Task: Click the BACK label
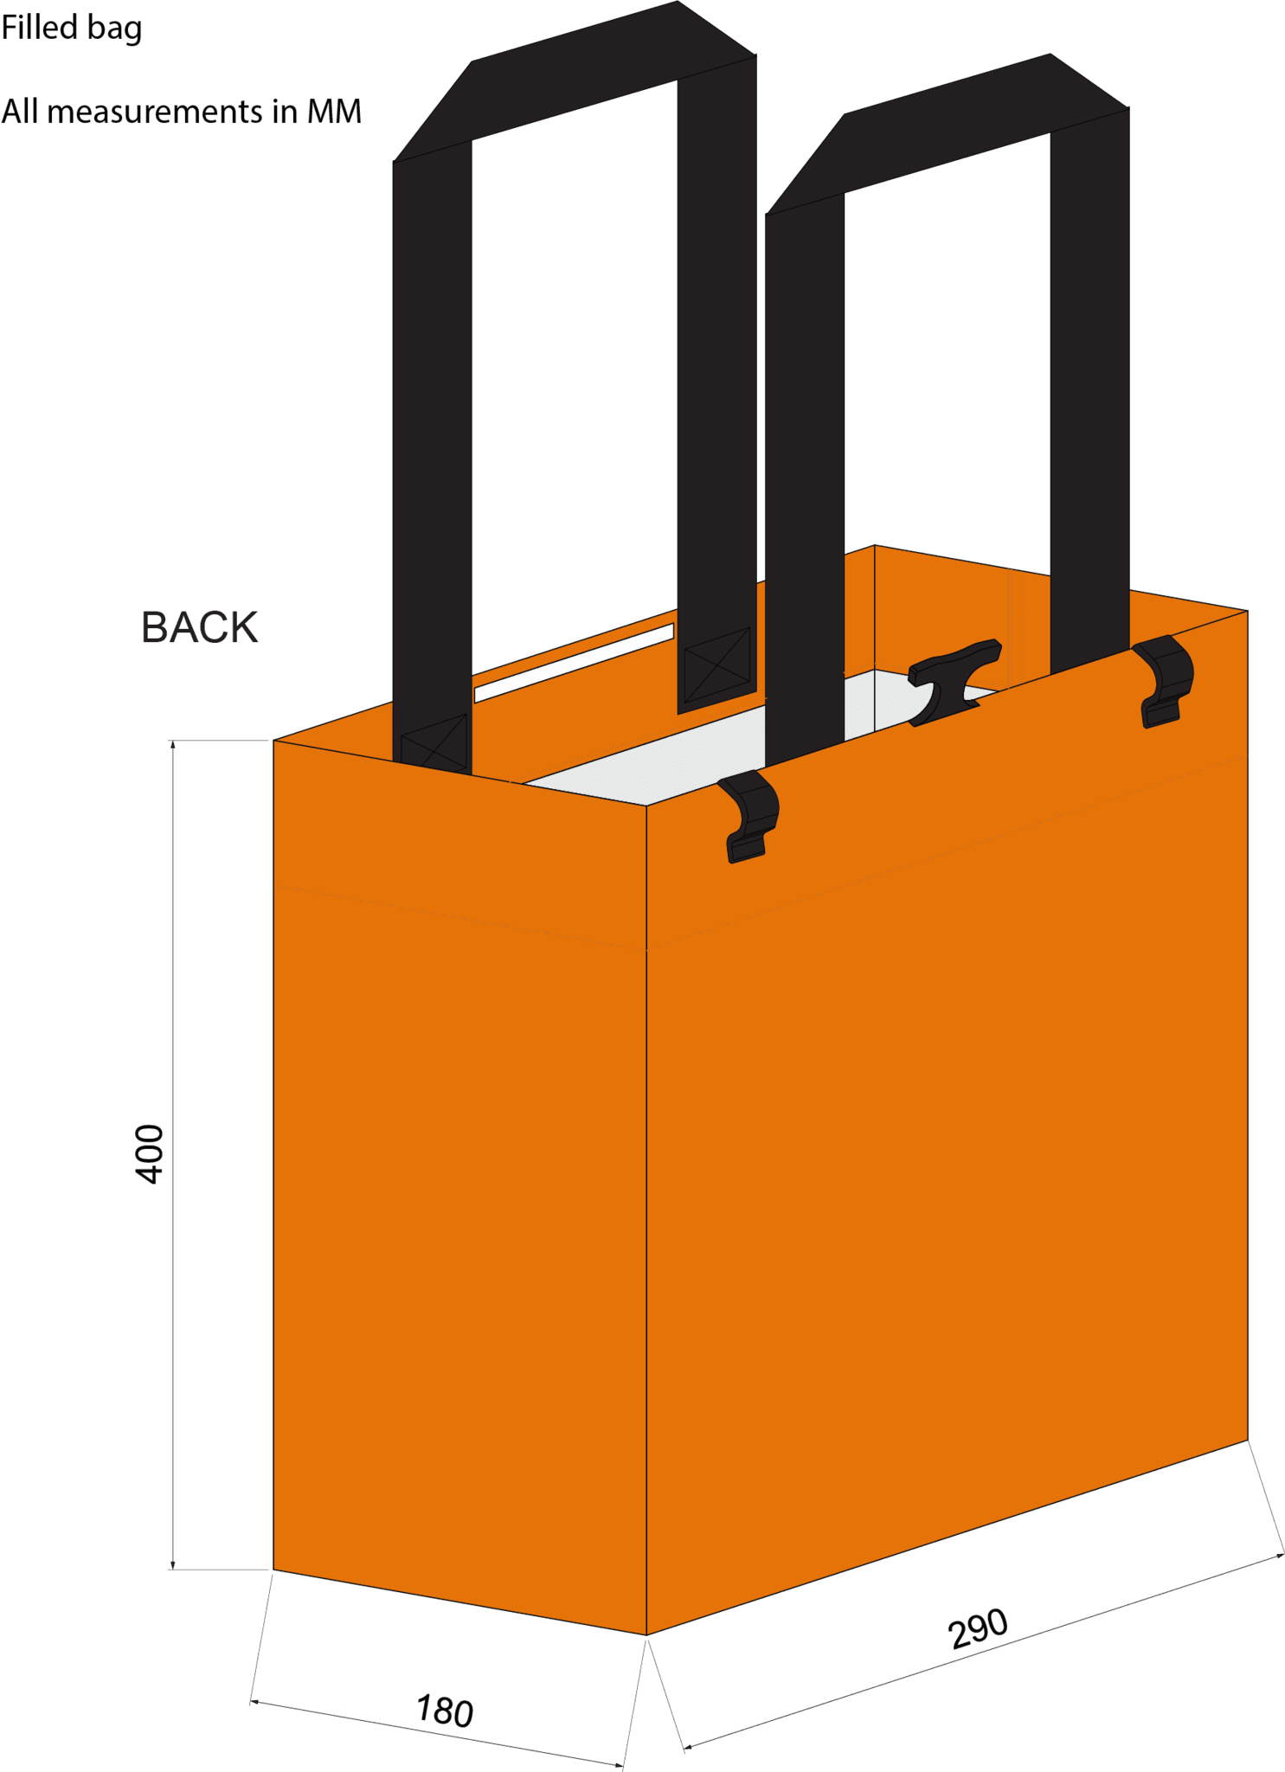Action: pos(199,627)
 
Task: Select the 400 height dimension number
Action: pos(150,1154)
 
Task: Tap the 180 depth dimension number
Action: pos(445,1711)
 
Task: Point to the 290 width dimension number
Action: pos(978,1628)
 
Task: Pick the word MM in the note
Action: pos(334,112)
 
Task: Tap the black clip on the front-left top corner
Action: pos(749,816)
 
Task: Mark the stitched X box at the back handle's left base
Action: pos(434,742)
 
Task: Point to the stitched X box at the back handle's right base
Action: pos(717,664)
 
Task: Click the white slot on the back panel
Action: pos(574,663)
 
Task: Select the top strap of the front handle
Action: pos(948,135)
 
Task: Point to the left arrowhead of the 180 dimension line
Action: pos(254,1702)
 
